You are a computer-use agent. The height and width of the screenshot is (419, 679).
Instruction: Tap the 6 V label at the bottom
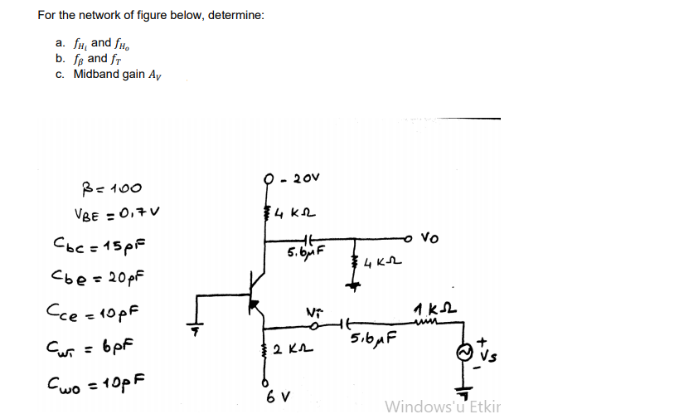[x=274, y=395]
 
